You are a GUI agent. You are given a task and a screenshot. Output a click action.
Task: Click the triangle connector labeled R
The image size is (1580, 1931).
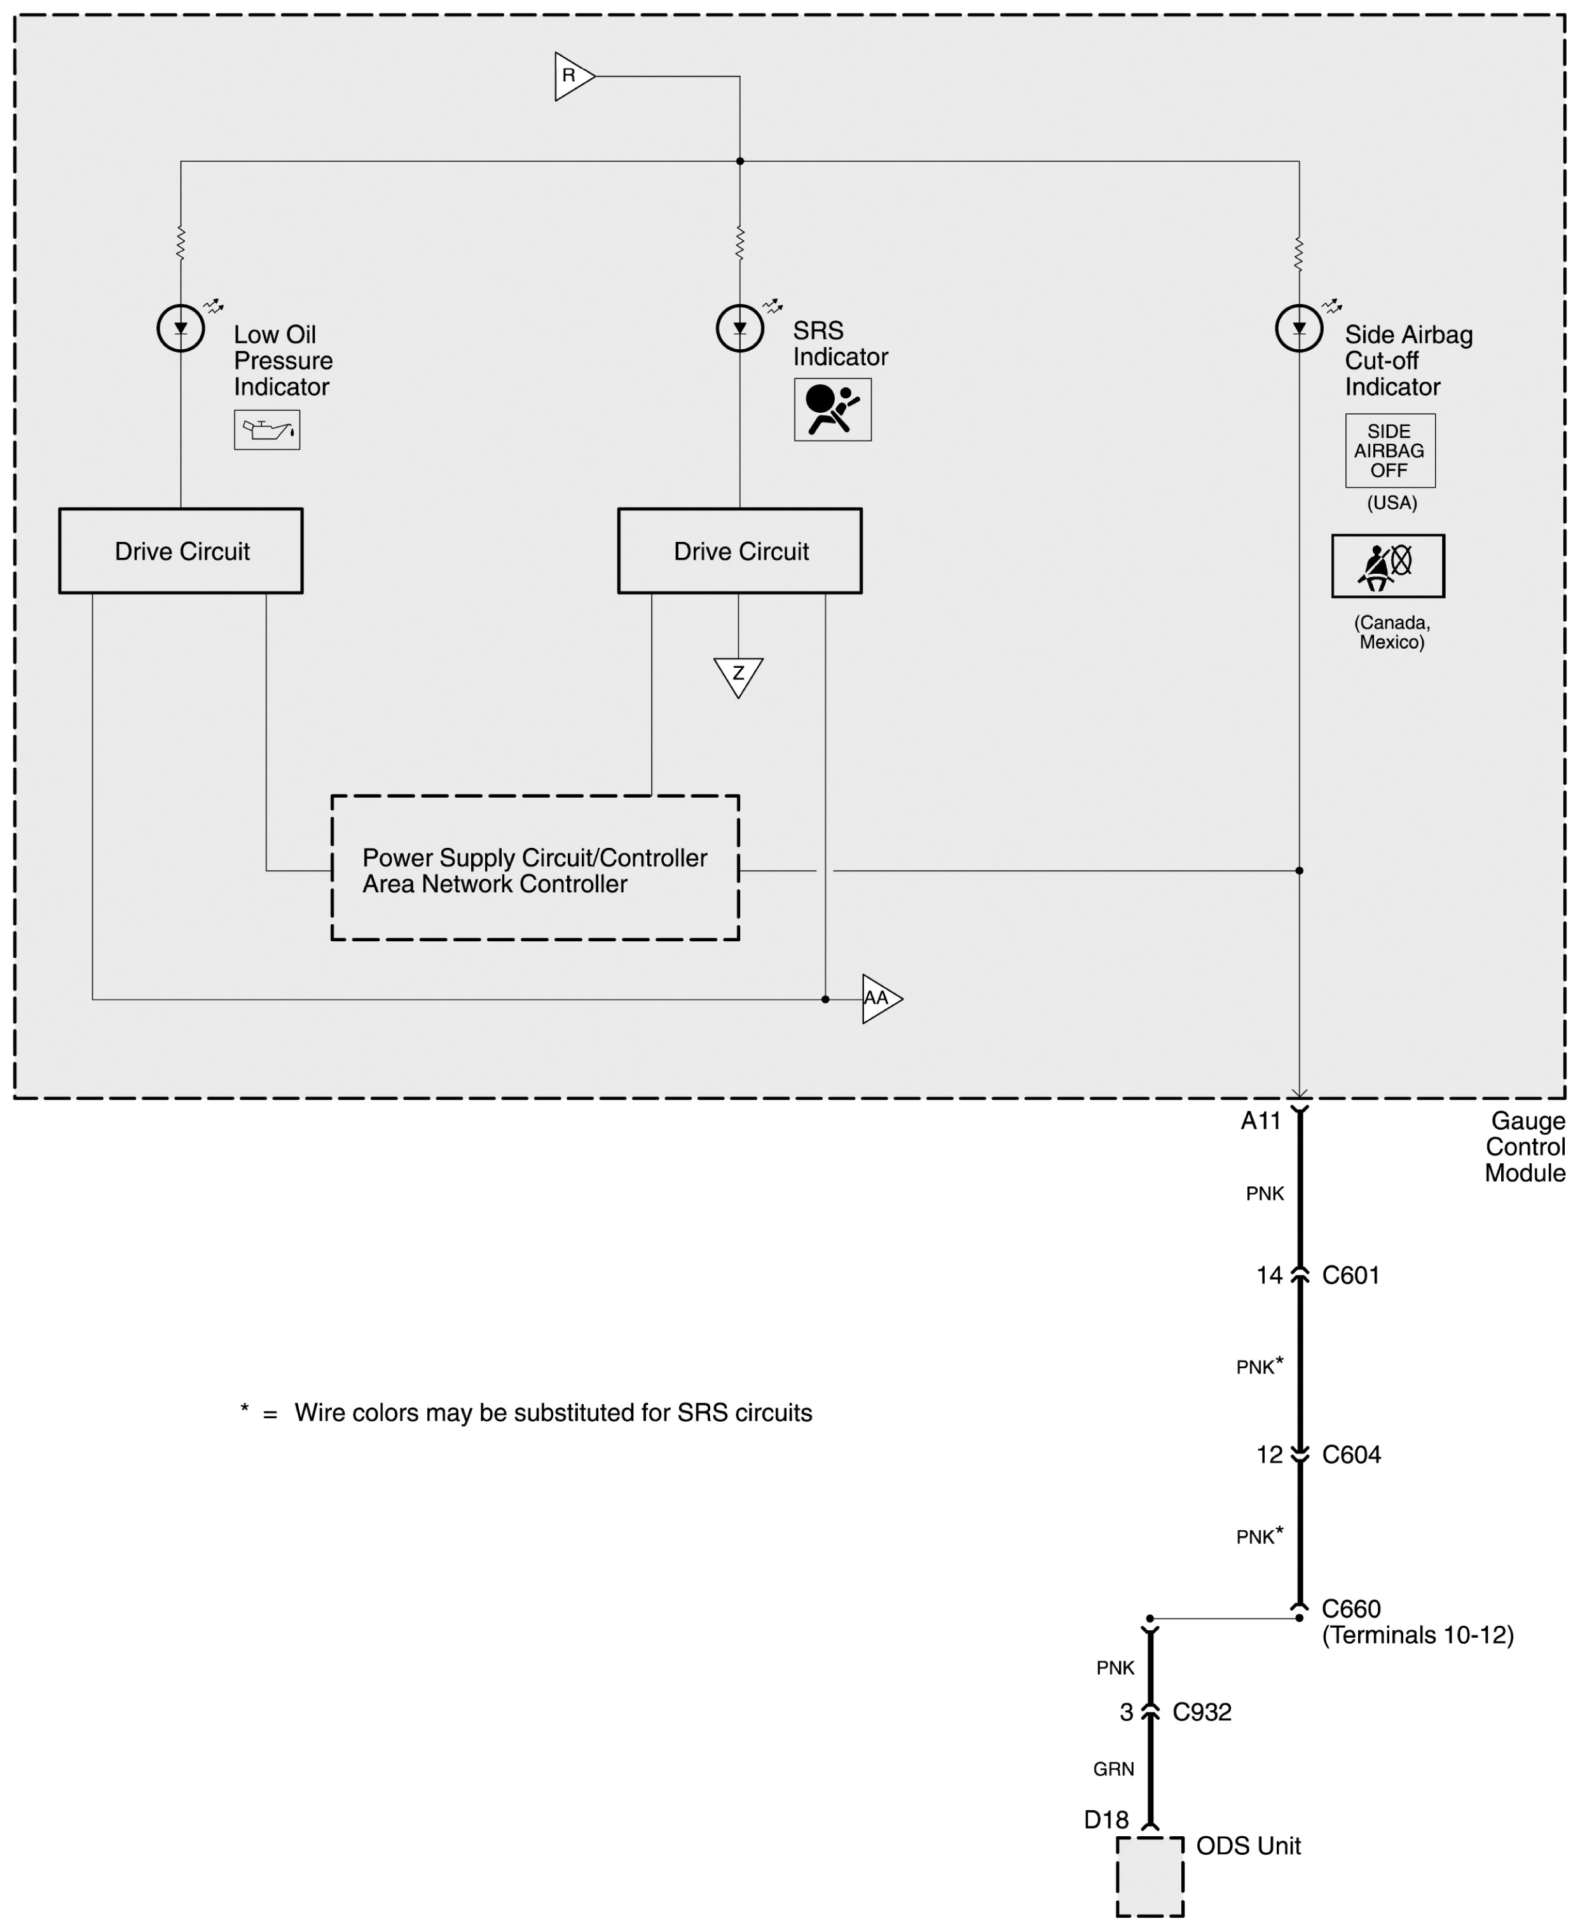572,76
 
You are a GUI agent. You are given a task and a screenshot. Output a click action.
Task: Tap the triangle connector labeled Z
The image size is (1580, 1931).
738,675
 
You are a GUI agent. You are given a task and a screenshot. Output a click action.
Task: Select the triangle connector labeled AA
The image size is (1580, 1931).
879,999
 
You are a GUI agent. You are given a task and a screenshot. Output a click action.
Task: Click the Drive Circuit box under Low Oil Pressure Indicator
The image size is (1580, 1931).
181,551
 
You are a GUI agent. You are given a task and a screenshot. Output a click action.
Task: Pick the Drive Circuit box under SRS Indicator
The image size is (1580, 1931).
740,551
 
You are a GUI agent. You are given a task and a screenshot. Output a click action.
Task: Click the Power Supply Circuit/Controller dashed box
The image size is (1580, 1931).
535,869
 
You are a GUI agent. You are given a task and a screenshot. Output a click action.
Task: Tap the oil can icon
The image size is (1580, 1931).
266,430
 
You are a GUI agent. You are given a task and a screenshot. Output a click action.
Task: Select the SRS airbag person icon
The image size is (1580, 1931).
832,410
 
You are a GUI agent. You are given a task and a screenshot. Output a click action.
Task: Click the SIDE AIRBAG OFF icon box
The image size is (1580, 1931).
1390,451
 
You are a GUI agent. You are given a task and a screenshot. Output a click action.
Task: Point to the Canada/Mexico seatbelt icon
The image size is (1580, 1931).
1387,565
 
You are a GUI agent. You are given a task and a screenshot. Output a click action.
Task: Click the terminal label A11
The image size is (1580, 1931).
1261,1121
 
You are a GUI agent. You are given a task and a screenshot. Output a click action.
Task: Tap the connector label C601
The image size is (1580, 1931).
1350,1275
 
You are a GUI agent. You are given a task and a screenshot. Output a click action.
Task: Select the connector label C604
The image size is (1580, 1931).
1350,1455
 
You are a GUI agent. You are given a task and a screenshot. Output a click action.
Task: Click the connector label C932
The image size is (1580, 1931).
1202,1712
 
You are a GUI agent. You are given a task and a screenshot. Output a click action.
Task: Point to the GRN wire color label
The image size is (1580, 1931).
1114,1769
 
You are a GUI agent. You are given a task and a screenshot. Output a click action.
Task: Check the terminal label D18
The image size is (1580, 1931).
1106,1820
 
